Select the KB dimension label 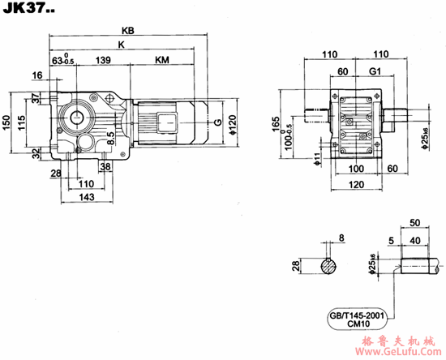pos(127,31)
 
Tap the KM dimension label pos(162,60)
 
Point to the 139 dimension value pos(103,60)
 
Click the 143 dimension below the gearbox pos(87,197)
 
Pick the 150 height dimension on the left pos(6,122)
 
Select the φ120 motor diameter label pos(233,125)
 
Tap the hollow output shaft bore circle pos(76,118)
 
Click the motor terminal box pos(167,122)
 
